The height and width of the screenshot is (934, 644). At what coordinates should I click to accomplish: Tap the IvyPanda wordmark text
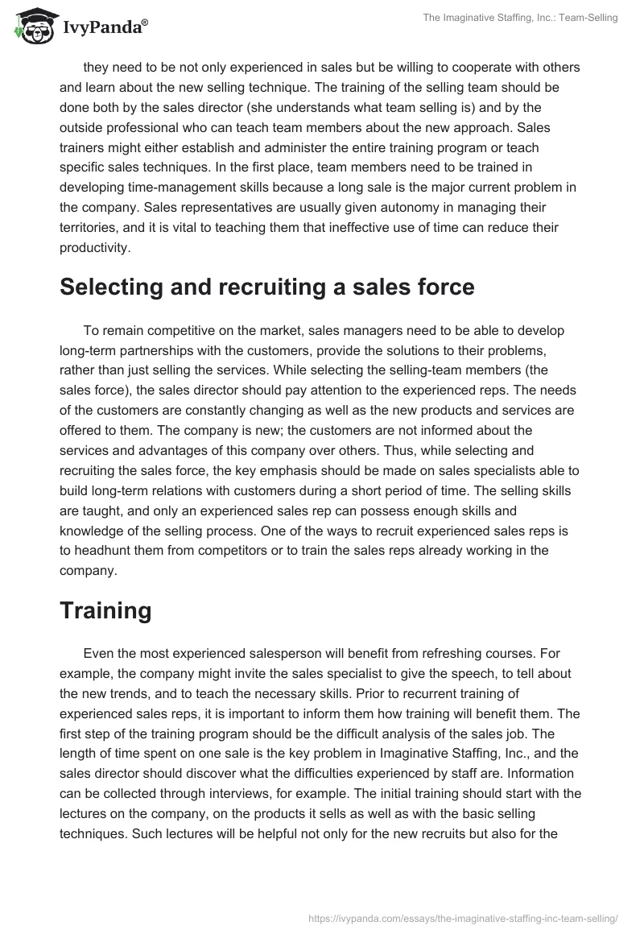tap(105, 28)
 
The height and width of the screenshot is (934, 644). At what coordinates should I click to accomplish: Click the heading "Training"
tap(105, 610)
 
